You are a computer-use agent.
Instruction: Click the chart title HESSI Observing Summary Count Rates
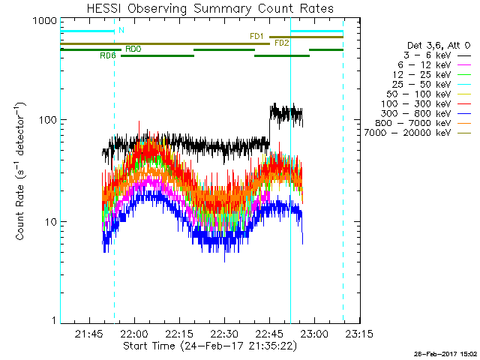tap(209, 8)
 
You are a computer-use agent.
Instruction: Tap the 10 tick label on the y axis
tap(49, 222)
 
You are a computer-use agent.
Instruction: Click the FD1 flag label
tap(256, 36)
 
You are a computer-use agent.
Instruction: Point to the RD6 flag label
tap(107, 55)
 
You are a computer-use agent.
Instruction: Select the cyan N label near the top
tap(121, 30)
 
